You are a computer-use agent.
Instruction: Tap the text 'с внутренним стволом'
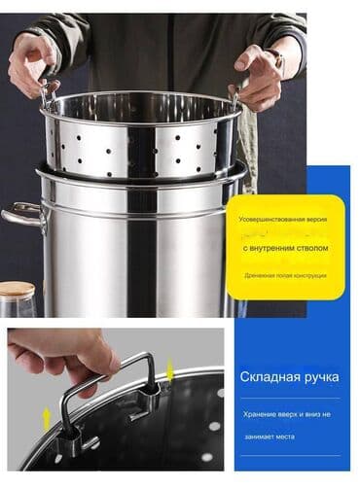point(284,249)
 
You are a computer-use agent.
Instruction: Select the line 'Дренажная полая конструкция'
point(284,275)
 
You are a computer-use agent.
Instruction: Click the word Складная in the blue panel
point(262,374)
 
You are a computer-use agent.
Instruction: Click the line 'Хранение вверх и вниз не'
point(284,412)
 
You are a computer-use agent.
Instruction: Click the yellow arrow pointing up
point(45,419)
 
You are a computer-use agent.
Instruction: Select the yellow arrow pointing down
point(170,368)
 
